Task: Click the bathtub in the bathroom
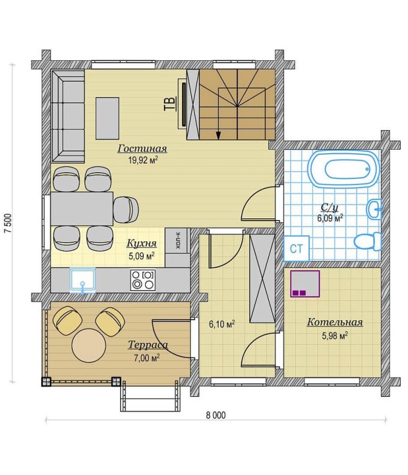(x=343, y=169)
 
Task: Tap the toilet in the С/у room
(x=367, y=241)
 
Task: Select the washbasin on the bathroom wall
(x=374, y=209)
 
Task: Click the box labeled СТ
(x=296, y=248)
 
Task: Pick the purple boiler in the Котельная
(x=305, y=283)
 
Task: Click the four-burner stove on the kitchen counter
(x=143, y=280)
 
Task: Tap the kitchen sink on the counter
(x=82, y=280)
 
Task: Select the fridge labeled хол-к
(x=178, y=241)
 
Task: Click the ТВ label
(x=170, y=104)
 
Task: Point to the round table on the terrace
(x=89, y=345)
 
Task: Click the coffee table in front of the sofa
(x=107, y=118)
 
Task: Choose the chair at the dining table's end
(x=126, y=209)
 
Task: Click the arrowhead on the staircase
(x=218, y=135)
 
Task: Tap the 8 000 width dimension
(x=216, y=415)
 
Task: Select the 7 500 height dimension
(x=8, y=223)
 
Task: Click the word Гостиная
(x=142, y=148)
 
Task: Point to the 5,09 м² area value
(x=142, y=256)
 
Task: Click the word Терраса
(x=148, y=345)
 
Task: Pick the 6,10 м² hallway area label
(x=221, y=324)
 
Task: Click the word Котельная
(x=335, y=322)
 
